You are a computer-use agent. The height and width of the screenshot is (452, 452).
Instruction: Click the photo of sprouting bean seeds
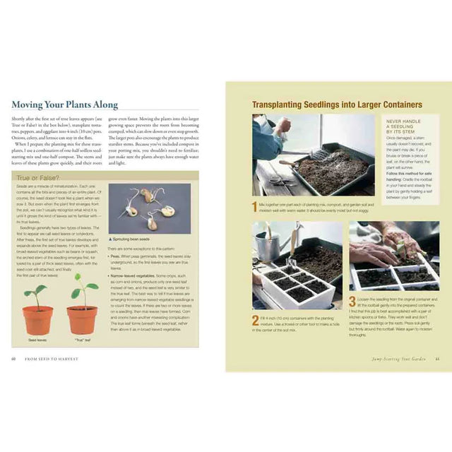pos(148,209)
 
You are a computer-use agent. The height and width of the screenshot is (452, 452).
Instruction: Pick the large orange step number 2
pos(256,319)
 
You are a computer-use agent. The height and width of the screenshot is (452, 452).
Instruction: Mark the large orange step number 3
pos(352,301)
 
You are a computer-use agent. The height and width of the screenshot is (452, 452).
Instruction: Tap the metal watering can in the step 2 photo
pos(268,244)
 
